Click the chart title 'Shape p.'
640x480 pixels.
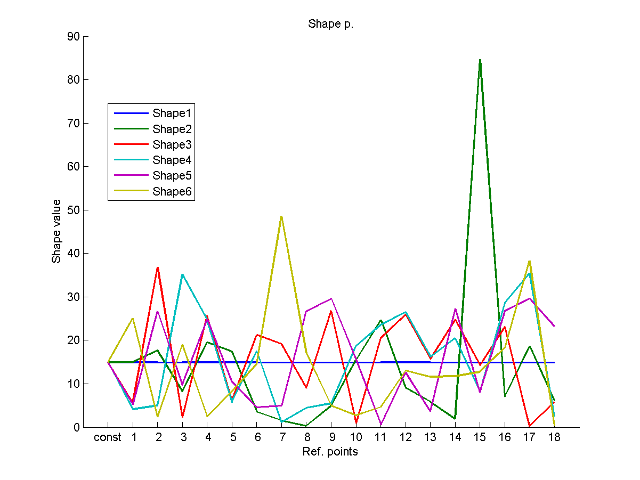tap(330, 25)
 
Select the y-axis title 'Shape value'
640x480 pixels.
tap(56, 231)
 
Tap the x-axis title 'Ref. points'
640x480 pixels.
tap(330, 452)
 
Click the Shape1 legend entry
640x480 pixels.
tap(171, 113)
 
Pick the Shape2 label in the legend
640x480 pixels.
tap(171, 129)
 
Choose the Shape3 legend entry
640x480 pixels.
tap(171, 144)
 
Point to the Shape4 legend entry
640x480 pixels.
tap(171, 160)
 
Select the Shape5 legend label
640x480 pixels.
tap(171, 176)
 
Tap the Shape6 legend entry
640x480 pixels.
tap(171, 191)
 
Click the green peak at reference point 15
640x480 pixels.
tap(480, 60)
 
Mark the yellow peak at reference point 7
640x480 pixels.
tap(281, 216)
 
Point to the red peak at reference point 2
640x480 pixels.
tap(158, 267)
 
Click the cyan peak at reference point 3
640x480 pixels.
tap(182, 274)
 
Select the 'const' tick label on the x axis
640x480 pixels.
tap(108, 438)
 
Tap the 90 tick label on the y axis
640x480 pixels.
tap(73, 37)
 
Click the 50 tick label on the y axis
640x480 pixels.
tap(73, 210)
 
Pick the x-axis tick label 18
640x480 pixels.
tap(554, 438)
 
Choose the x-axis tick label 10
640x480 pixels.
tap(356, 438)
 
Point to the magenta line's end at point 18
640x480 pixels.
tap(554, 326)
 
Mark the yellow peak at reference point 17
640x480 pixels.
tap(529, 261)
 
